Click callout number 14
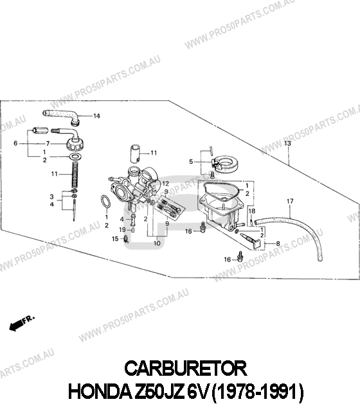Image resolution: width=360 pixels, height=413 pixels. [96, 116]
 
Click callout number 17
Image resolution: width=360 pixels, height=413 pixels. [290, 201]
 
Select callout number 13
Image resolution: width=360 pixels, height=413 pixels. [287, 143]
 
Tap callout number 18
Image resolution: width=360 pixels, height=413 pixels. [252, 211]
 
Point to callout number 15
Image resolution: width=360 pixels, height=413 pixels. [115, 239]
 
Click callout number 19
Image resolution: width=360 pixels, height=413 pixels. [122, 230]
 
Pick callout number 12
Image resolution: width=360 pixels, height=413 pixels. [165, 184]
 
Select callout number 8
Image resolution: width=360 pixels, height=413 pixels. [278, 244]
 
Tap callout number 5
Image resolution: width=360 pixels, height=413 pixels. [191, 161]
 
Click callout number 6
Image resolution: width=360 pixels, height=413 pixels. [15, 143]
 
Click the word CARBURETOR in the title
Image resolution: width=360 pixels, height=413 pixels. [186, 369]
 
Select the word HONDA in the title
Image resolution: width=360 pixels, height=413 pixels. [100, 392]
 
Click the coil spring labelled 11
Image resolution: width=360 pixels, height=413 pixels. [76, 175]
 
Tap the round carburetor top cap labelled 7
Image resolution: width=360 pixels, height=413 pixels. [75, 143]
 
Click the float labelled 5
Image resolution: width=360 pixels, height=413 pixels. [226, 163]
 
